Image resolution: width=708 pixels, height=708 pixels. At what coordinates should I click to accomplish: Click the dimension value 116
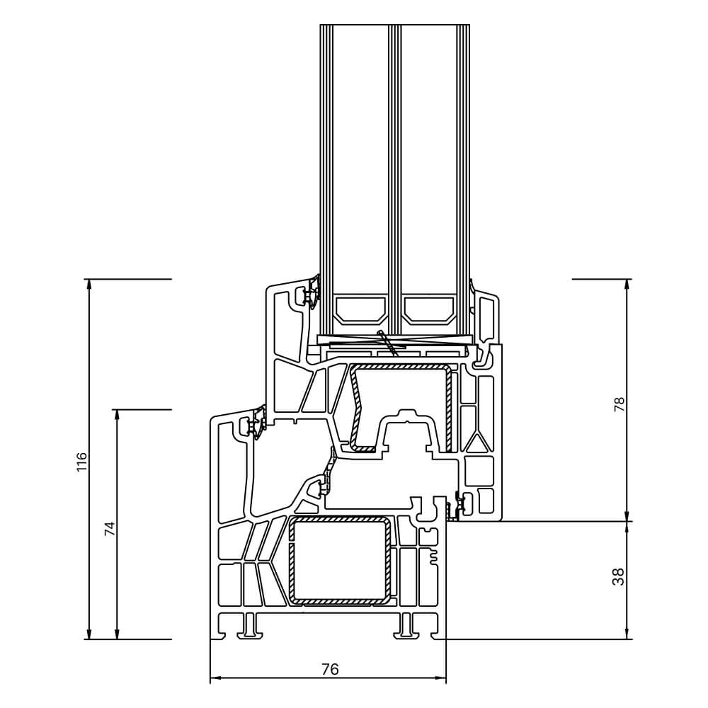click(x=82, y=461)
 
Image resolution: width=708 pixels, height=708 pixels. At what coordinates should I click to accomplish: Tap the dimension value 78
click(x=619, y=404)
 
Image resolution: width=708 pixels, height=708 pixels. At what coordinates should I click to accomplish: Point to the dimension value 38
click(x=619, y=577)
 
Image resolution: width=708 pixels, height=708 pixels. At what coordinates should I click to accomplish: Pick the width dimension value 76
click(x=329, y=669)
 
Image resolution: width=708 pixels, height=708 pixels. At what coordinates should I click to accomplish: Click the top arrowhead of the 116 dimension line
click(x=89, y=284)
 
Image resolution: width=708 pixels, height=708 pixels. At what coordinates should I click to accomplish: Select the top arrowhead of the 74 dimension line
click(x=118, y=414)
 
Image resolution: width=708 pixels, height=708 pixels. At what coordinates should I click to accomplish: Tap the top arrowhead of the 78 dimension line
click(x=627, y=284)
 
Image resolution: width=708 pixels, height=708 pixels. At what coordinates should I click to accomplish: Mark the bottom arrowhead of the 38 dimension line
click(x=627, y=634)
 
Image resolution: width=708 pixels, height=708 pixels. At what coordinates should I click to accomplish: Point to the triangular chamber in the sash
click(x=476, y=442)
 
